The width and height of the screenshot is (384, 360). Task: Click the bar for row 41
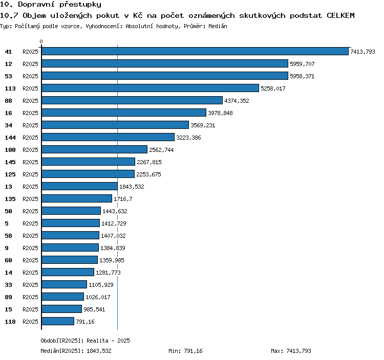click(195, 51)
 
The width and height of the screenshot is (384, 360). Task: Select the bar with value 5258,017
click(150, 88)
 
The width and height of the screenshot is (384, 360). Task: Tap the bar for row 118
click(58, 321)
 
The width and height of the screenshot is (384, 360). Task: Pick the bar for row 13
click(79, 186)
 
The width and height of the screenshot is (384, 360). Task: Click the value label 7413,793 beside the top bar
click(362, 52)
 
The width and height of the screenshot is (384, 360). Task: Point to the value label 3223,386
click(188, 138)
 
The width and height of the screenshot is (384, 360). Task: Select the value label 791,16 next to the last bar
click(85, 322)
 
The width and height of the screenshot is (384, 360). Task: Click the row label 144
click(10, 138)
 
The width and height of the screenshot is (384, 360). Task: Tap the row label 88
click(8, 101)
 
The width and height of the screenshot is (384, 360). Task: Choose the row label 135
click(10, 199)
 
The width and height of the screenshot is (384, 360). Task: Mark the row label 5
click(7, 223)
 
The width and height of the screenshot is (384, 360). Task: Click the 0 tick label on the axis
click(41, 41)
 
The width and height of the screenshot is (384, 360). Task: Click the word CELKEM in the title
click(340, 15)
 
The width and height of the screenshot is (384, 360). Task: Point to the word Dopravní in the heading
click(36, 5)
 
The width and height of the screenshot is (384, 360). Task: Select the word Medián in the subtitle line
click(218, 26)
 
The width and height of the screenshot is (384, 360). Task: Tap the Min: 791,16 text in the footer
click(185, 351)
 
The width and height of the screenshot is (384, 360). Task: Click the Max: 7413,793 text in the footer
click(291, 351)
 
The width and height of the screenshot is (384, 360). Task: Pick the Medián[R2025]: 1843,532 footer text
click(76, 351)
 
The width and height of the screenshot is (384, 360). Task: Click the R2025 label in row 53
click(30, 76)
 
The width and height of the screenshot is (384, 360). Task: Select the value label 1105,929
click(101, 285)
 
